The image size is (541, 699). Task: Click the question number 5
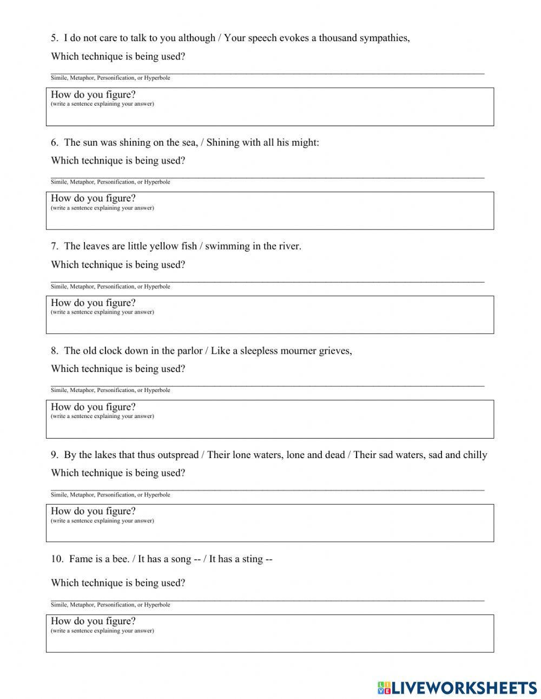[54, 38]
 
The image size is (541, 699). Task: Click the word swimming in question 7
[224, 246]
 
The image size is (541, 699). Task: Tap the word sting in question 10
[251, 559]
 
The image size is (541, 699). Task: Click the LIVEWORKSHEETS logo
[457, 688]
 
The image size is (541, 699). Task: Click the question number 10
[57, 559]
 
